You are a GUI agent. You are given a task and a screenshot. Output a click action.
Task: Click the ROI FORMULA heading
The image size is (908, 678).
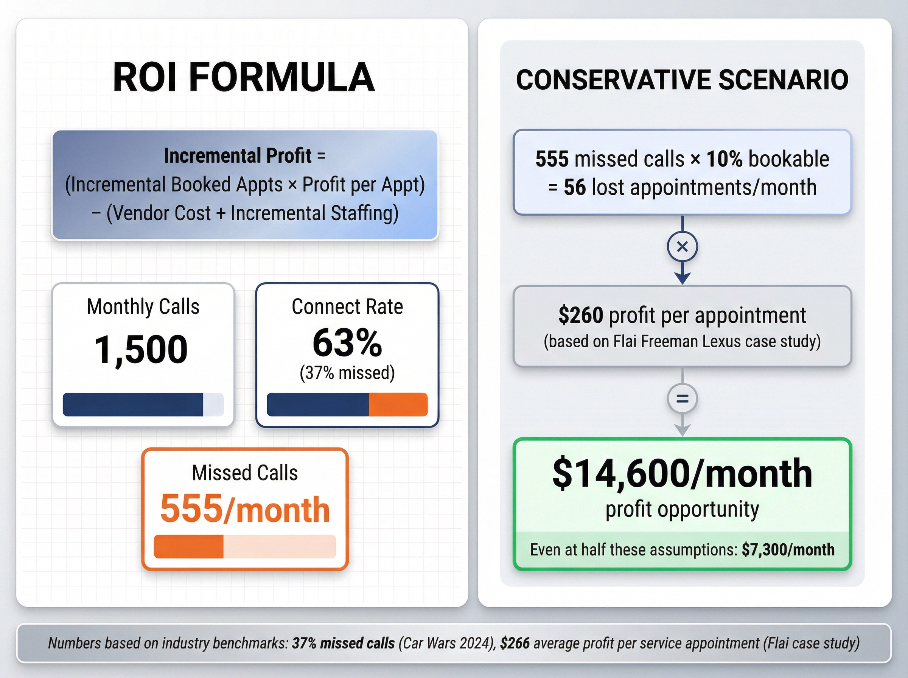[244, 77]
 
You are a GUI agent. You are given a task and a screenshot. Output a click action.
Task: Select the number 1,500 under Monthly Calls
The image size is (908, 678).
[141, 350]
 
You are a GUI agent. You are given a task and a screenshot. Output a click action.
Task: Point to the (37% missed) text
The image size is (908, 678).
[347, 373]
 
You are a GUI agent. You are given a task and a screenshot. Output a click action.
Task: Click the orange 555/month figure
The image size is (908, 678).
[245, 509]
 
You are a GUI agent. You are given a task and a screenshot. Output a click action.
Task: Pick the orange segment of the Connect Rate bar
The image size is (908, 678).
[398, 405]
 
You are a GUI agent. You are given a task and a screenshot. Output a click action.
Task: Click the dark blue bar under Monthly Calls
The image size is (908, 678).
[133, 405]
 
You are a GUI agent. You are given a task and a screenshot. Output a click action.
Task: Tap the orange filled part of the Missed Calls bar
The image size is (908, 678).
[189, 547]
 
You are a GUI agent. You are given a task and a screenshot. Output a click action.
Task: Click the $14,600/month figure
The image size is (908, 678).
[682, 474]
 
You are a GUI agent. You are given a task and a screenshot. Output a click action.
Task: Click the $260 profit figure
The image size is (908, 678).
[581, 315]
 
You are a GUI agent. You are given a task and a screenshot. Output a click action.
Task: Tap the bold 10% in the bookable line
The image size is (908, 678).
[724, 159]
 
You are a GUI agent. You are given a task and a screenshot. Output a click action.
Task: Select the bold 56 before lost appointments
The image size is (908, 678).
[574, 188]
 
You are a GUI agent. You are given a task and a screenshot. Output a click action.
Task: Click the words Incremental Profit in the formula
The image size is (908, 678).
[238, 156]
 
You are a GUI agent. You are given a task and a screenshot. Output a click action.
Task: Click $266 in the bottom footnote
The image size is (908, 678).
[515, 643]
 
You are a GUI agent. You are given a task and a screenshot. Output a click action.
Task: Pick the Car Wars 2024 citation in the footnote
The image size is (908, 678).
[447, 643]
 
